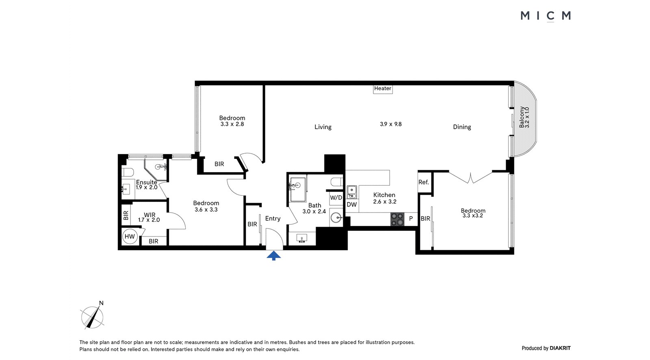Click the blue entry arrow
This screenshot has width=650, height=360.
tap(274, 256)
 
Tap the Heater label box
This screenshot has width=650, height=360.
tap(383, 89)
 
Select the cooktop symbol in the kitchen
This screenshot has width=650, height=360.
tap(397, 219)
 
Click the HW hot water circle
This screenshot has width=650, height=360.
tap(130, 236)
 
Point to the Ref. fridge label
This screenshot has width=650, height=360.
tap(423, 182)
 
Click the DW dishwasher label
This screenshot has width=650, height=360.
tap(352, 205)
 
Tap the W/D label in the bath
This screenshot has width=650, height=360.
tap(336, 198)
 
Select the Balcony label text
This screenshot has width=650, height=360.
tap(522, 117)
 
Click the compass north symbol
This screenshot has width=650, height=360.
tap(92, 316)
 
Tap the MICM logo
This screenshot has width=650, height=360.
tap(546, 16)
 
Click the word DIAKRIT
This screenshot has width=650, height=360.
tap(560, 348)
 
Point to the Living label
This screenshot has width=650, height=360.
tap(323, 127)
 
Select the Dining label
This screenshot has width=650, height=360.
tap(462, 127)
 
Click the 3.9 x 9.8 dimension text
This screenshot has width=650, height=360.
tap(391, 124)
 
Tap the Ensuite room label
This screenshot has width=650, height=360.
tap(147, 182)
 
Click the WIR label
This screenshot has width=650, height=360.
tap(150, 215)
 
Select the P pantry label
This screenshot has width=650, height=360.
tap(411, 219)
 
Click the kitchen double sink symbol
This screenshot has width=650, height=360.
tap(352, 192)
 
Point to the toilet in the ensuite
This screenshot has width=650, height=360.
tap(128, 172)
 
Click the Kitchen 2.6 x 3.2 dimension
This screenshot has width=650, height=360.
tap(385, 202)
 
